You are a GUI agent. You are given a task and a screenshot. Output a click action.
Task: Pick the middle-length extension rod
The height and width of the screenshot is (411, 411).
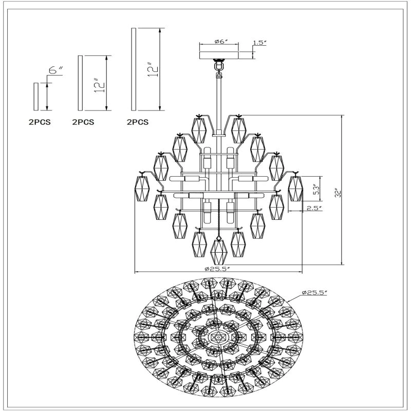pyautogui.click(x=80, y=83)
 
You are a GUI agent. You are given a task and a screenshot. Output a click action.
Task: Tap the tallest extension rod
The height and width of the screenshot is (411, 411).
pyautogui.click(x=134, y=70)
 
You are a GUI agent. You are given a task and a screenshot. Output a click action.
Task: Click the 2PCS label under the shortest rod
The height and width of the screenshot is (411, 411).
pyautogui.click(x=40, y=122)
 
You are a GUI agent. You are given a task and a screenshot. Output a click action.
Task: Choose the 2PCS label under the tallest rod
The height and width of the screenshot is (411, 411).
pyautogui.click(x=138, y=122)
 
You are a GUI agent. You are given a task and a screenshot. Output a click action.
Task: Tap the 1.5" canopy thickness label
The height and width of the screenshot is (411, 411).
pyautogui.click(x=260, y=43)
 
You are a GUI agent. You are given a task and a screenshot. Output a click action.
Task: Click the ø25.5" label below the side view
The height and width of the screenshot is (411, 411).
pyautogui.click(x=219, y=268)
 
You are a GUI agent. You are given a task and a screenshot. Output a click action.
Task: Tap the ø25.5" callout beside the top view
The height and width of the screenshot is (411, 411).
pyautogui.click(x=315, y=292)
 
